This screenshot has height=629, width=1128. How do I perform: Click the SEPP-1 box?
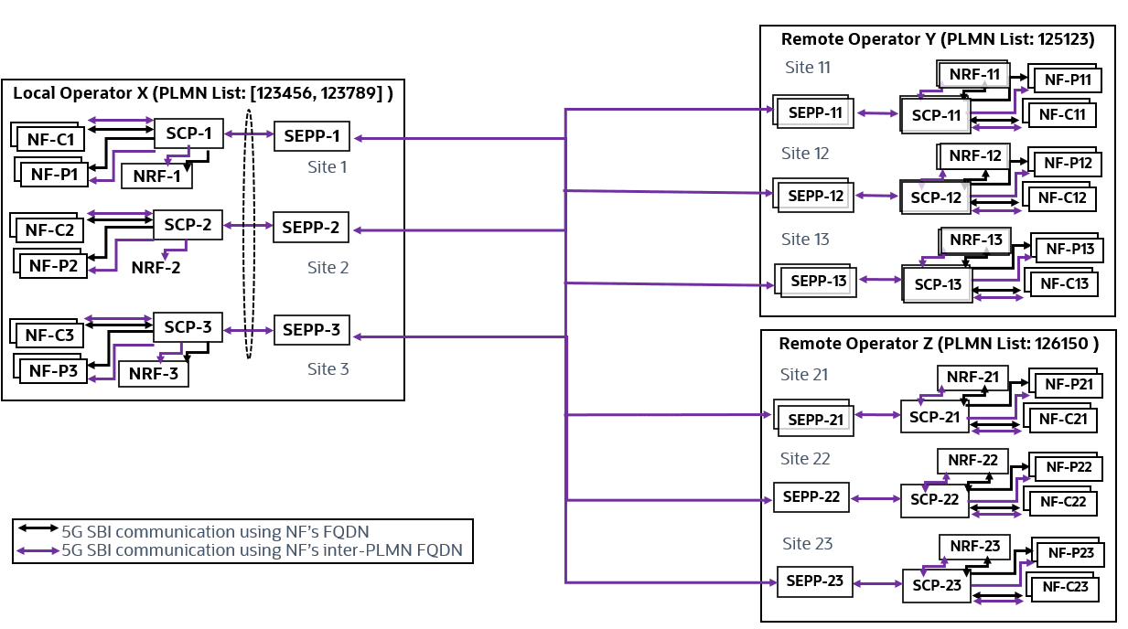click(312, 137)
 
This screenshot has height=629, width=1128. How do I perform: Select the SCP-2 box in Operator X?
click(188, 224)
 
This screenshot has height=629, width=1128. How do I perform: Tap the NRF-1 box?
click(157, 176)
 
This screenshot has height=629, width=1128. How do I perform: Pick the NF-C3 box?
click(49, 335)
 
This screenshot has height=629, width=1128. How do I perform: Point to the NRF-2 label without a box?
click(156, 268)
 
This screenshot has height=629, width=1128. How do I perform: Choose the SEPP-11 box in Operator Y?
click(815, 113)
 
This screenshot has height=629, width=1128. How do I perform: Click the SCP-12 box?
click(937, 197)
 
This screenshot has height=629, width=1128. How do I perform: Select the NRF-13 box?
click(976, 240)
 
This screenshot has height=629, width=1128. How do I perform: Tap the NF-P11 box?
click(1068, 80)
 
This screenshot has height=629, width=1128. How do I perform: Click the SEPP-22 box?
click(812, 497)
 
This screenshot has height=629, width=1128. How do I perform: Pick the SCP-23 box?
click(937, 585)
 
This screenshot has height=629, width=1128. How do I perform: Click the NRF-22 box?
click(972, 460)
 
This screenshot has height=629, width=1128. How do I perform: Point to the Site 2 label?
click(328, 268)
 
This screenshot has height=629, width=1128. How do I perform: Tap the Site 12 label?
click(805, 154)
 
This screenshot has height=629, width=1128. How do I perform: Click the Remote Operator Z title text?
click(938, 344)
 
